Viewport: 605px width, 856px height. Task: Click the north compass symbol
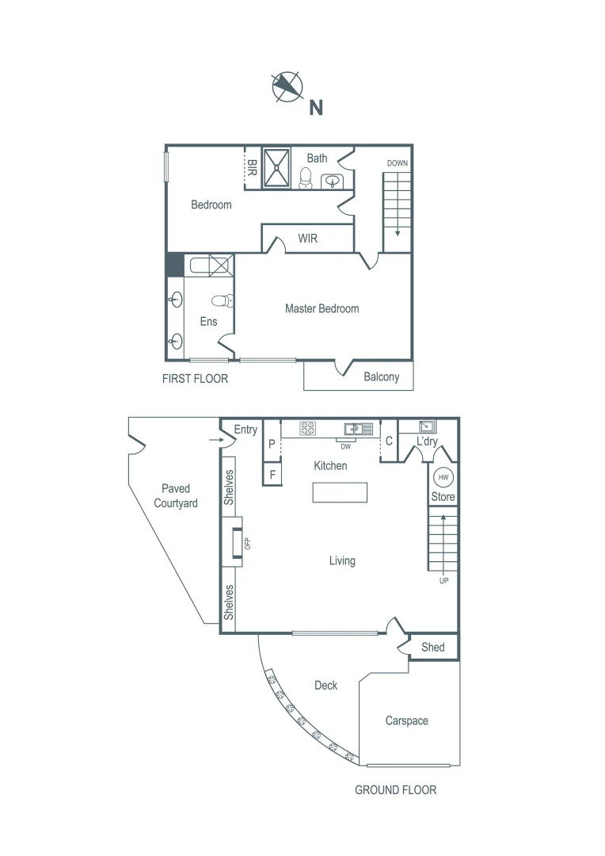pos(287,86)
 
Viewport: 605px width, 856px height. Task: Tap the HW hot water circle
pos(443,477)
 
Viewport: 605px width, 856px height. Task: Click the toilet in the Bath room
pos(306,178)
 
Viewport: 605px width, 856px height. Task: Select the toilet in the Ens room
pos(226,301)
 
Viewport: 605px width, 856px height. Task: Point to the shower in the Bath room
pos(277,167)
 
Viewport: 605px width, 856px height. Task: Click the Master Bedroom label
pos(322,308)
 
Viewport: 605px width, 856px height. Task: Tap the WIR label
pos(307,238)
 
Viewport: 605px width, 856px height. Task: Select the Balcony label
pos(381,376)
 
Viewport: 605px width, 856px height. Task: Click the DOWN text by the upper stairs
pos(397,163)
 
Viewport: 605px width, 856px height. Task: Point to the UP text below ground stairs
pos(443,581)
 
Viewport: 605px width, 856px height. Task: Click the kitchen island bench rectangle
pos(340,492)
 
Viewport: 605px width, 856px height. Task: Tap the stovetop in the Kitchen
pos(308,428)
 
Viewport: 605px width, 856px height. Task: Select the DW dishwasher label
pos(346,445)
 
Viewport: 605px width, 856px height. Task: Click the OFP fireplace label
pos(247,544)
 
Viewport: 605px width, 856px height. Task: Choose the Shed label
pos(432,647)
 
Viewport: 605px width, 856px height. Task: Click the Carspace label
pos(406,720)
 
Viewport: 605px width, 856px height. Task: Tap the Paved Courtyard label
pos(176,495)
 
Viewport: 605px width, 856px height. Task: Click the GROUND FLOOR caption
pos(395,789)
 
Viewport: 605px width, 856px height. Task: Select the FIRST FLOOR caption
pos(195,379)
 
